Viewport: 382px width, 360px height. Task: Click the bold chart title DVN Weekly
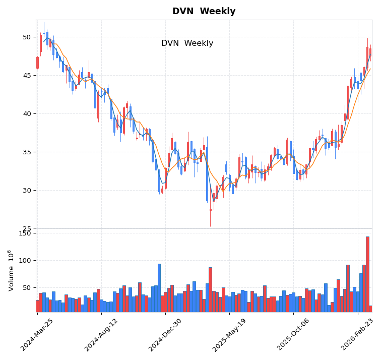pyautogui.click(x=204, y=12)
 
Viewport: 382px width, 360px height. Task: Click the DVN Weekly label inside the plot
pyautogui.click(x=187, y=44)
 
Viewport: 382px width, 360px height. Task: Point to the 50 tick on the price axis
pyautogui.click(x=26, y=37)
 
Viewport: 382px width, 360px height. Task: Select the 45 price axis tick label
pyautogui.click(x=26, y=76)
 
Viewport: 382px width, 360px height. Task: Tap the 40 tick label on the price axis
pyautogui.click(x=26, y=114)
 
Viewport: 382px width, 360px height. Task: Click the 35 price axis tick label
pyautogui.click(x=26, y=152)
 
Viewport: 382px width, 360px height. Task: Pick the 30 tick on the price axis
pyautogui.click(x=26, y=191)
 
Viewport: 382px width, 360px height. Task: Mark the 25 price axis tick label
pyautogui.click(x=26, y=229)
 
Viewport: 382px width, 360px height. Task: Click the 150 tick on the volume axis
pyautogui.click(x=25, y=233)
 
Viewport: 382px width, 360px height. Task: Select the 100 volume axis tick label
pyautogui.click(x=25, y=261)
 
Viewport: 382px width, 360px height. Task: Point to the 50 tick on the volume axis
pyautogui.click(x=26, y=288)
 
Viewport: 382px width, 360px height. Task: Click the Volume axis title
pyautogui.click(x=11, y=270)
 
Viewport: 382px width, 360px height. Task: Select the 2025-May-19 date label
pyautogui.click(x=230, y=335)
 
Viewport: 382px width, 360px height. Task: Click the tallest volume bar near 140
pyautogui.click(x=367, y=274)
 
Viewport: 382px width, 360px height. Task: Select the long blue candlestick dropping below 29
pyautogui.click(x=207, y=174)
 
